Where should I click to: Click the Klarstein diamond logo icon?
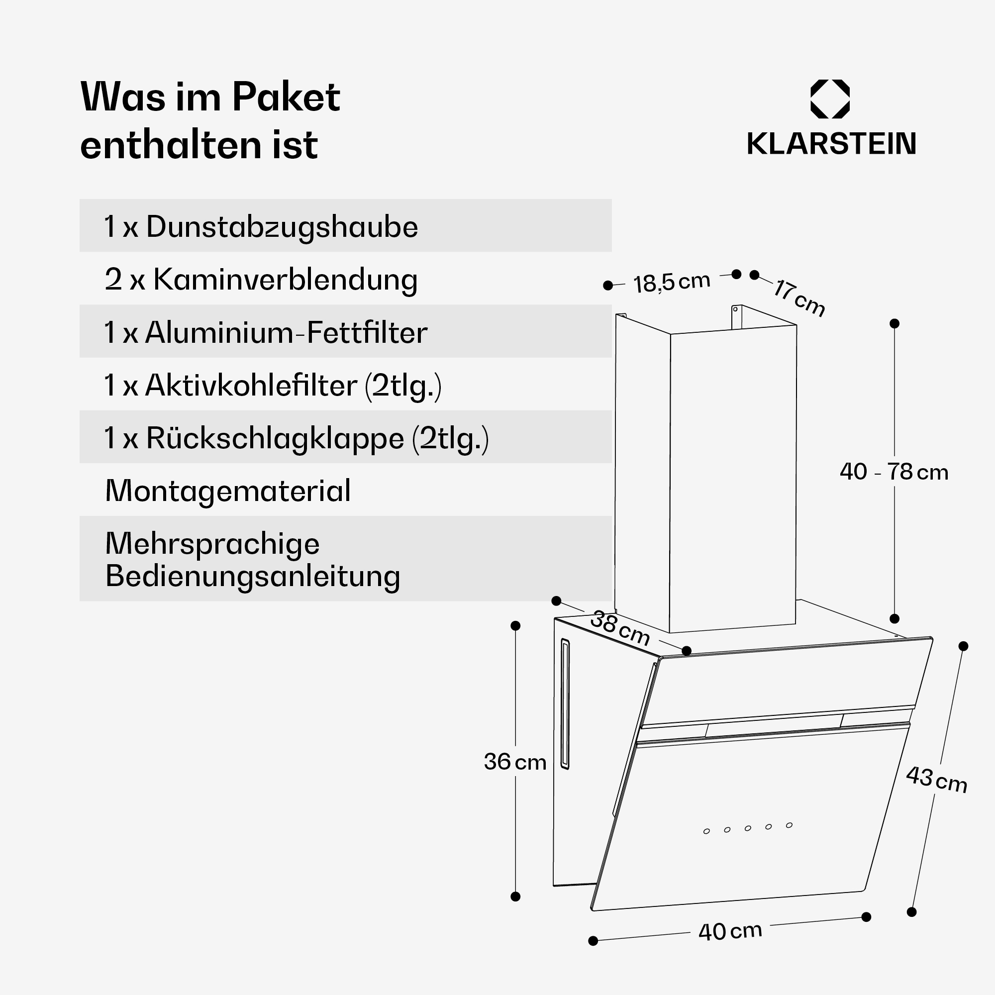(830, 99)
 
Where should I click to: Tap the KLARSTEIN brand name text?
(831, 144)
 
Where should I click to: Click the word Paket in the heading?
(286, 97)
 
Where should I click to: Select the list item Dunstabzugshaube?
(282, 227)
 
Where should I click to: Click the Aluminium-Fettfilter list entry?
(287, 333)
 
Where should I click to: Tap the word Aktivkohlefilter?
(251, 385)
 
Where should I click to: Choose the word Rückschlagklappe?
(275, 439)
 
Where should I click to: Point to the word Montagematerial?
(228, 491)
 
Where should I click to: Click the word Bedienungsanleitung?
(252, 576)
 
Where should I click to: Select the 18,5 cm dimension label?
(672, 283)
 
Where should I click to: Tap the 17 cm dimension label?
(799, 298)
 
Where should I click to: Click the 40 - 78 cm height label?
(894, 472)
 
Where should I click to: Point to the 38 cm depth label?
(620, 628)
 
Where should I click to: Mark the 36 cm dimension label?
(515, 762)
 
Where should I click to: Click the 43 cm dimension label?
(936, 780)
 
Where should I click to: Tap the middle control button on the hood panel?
(748, 828)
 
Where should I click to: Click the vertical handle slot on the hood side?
(565, 704)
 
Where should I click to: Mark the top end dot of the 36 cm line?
(515, 626)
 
